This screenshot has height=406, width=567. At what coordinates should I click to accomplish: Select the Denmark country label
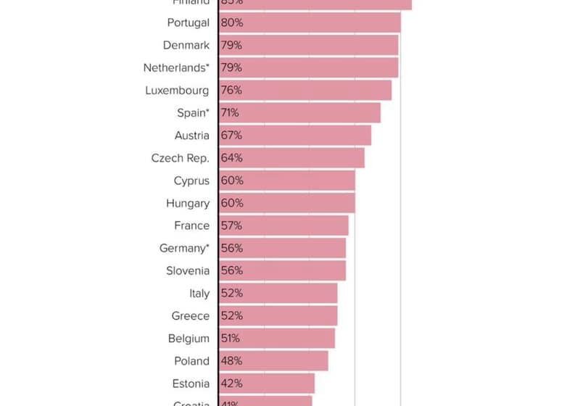tap(186, 45)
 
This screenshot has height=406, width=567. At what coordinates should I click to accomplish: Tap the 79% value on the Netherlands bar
tap(231, 67)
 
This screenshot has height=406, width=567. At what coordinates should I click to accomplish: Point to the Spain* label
tap(193, 112)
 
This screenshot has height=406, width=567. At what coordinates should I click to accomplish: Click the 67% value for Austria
tap(231, 135)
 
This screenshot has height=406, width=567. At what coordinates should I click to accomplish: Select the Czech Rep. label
tap(180, 157)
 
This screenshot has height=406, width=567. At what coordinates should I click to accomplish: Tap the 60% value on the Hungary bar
tap(232, 203)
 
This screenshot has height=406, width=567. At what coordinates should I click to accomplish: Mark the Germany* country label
tap(184, 248)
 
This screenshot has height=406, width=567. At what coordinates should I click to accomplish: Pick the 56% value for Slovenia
tap(232, 270)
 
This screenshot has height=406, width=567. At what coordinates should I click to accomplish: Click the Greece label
tap(190, 315)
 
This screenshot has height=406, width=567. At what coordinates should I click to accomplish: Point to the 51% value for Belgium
tap(230, 338)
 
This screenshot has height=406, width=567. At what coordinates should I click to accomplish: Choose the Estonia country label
tap(191, 384)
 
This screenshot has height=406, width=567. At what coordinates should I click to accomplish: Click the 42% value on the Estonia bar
tap(232, 384)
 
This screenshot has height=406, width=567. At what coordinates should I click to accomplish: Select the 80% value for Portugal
tap(232, 22)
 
